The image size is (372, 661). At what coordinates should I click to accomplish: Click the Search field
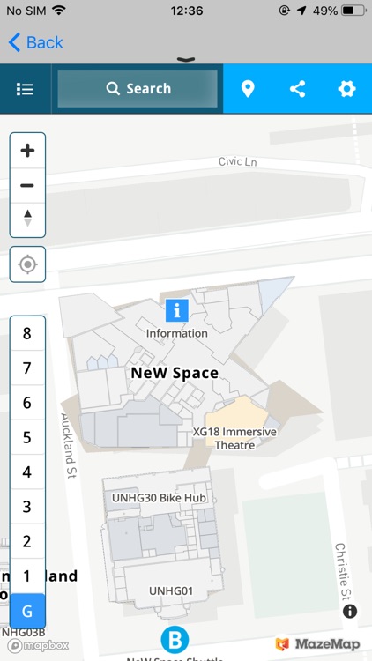138,88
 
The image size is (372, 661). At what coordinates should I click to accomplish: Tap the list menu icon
25,89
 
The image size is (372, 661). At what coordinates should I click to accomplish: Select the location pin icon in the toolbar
248,89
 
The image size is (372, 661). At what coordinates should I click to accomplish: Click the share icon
298,89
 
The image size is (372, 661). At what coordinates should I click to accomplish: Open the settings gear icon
346,89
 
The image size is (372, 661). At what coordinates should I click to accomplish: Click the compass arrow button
27,218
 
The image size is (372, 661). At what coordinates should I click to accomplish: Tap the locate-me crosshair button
27,264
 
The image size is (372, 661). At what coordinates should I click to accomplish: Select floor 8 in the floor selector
27,333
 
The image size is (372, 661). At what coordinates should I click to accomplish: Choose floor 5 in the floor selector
27,437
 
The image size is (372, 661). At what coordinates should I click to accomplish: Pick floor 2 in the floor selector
27,541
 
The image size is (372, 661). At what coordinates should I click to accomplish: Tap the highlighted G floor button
27,611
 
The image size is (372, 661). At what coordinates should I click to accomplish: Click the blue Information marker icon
177,309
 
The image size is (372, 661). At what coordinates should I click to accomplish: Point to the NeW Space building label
175,373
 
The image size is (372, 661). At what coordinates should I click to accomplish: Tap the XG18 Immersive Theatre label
234,438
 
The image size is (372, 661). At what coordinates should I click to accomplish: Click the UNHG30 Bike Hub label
159,498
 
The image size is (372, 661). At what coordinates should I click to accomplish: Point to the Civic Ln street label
237,162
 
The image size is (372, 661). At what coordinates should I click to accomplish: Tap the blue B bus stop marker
175,639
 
